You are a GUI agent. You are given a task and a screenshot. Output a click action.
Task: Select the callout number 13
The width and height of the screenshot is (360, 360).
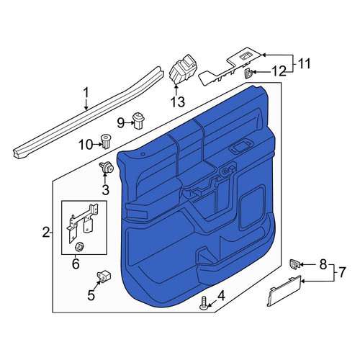coord(178,102)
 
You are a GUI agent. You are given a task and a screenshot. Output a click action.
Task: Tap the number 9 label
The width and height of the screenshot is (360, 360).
coord(120,123)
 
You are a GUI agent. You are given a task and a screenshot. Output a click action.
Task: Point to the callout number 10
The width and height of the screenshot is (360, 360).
coord(86,145)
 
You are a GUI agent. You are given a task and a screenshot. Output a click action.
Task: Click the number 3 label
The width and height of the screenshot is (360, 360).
coord(106,190)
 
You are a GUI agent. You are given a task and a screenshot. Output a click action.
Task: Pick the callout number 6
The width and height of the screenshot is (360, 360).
coord(76,264)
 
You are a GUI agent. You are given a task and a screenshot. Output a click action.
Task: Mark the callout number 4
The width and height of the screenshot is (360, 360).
coord(221,295)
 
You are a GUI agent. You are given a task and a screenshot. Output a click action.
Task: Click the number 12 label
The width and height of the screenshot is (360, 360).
coord(279,71)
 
